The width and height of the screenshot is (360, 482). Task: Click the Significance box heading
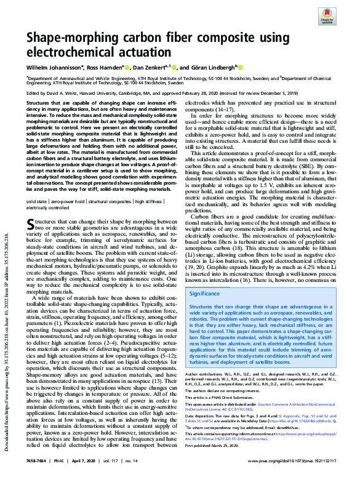point(205,294)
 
